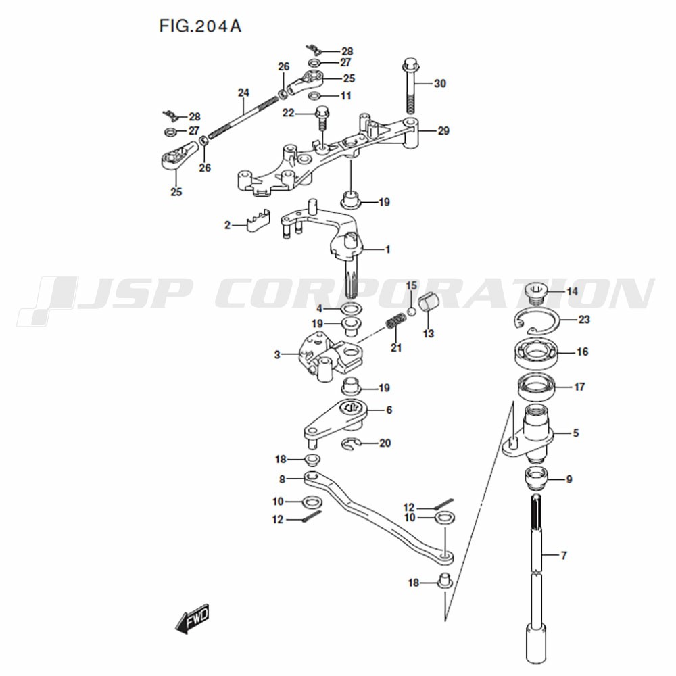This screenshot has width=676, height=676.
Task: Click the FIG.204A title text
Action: click(200, 27)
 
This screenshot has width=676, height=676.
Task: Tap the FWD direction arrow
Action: click(192, 618)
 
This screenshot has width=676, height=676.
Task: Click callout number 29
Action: click(443, 130)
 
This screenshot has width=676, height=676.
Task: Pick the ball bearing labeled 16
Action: click(535, 352)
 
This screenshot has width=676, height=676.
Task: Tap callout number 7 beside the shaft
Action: click(564, 556)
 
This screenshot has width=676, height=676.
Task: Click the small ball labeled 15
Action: click(411, 311)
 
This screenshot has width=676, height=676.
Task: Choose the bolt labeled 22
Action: click(322, 118)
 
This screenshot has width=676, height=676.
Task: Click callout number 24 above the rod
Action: click(243, 93)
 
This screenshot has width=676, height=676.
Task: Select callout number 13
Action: click(428, 333)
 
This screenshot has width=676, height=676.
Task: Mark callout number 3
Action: click(277, 355)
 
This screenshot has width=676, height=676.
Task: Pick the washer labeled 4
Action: click(351, 309)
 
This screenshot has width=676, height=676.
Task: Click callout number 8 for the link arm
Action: click(282, 479)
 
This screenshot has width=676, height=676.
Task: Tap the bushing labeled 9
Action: click(535, 479)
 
